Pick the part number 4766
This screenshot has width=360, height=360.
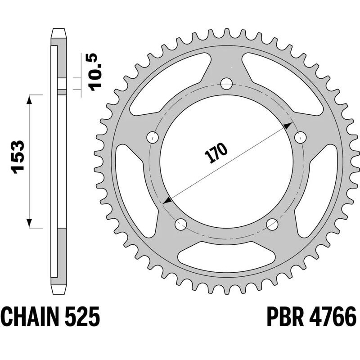click(332, 316)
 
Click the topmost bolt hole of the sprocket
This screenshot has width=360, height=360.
click(226, 84)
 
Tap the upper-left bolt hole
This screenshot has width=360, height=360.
click(153, 137)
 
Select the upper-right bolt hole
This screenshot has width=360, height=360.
click(299, 137)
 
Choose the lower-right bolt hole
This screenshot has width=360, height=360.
click(272, 223)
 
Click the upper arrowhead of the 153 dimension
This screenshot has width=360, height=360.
click(30, 99)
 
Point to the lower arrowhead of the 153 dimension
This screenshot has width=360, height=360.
click(30, 223)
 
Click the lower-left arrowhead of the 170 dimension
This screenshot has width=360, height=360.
click(167, 202)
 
